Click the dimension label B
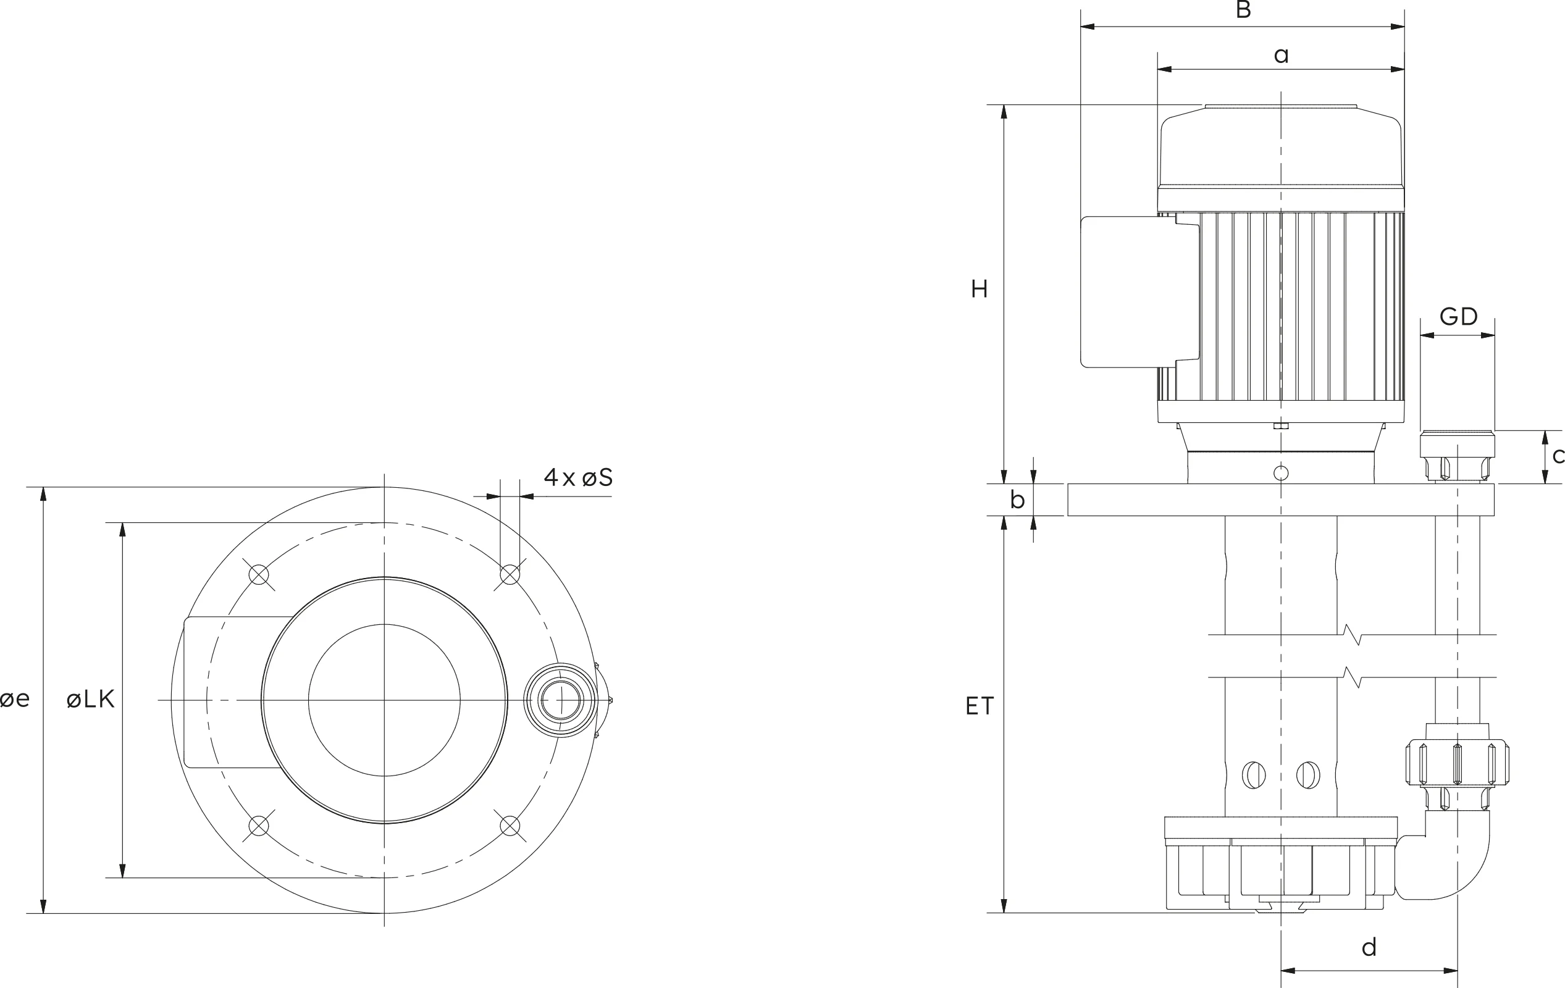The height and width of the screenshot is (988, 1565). [1243, 10]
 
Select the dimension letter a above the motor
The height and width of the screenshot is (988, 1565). [1281, 56]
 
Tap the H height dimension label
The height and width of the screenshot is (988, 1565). [980, 289]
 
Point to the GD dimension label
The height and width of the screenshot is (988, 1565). [1458, 317]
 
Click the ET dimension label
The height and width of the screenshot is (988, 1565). [980, 706]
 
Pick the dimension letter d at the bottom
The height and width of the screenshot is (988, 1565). [1369, 948]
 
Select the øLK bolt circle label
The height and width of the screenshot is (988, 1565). [90, 700]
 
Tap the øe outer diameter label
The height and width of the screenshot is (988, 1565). [15, 700]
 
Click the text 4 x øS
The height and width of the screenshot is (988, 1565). [578, 478]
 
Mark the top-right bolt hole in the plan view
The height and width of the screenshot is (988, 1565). [510, 575]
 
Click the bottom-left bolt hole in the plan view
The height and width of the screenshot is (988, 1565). [259, 826]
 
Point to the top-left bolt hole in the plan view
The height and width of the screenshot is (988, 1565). [259, 575]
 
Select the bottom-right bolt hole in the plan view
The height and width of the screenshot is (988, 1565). [510, 826]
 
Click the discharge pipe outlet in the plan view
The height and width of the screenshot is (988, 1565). [560, 700]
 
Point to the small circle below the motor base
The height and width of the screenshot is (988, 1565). [1281, 473]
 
